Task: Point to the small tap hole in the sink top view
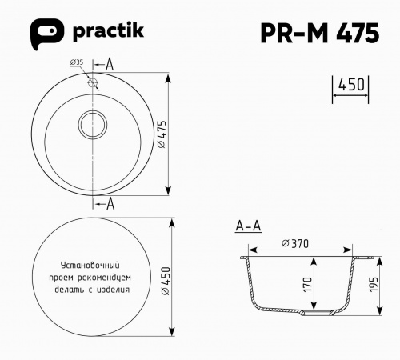coord(94,82)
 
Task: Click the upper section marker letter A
coord(110,63)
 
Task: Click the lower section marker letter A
coord(110,204)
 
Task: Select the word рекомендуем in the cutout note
coord(104,276)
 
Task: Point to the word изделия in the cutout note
coord(116,289)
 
